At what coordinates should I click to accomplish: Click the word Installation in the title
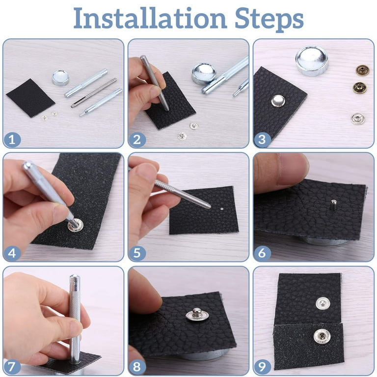(x=150, y=18)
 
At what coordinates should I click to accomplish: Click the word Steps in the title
(x=269, y=19)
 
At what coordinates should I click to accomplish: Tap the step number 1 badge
(x=12, y=140)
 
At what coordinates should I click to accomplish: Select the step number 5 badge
(x=137, y=253)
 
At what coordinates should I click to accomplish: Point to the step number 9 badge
(x=262, y=367)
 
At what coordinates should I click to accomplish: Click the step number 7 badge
(x=12, y=367)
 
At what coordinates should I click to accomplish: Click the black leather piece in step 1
(x=30, y=98)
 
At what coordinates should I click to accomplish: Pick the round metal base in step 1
(x=60, y=78)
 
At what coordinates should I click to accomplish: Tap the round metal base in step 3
(x=312, y=61)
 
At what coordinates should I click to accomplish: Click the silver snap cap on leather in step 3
(x=278, y=101)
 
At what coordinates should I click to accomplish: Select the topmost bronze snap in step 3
(x=361, y=70)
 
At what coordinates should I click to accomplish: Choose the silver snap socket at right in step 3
(x=357, y=118)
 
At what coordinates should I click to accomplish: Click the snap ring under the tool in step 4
(x=76, y=225)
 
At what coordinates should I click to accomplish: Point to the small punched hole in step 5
(x=222, y=210)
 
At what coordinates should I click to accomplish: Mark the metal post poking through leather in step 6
(x=333, y=204)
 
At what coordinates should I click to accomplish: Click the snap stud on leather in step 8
(x=197, y=314)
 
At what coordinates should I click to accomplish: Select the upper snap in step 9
(x=323, y=303)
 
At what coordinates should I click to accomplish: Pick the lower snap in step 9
(x=322, y=336)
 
